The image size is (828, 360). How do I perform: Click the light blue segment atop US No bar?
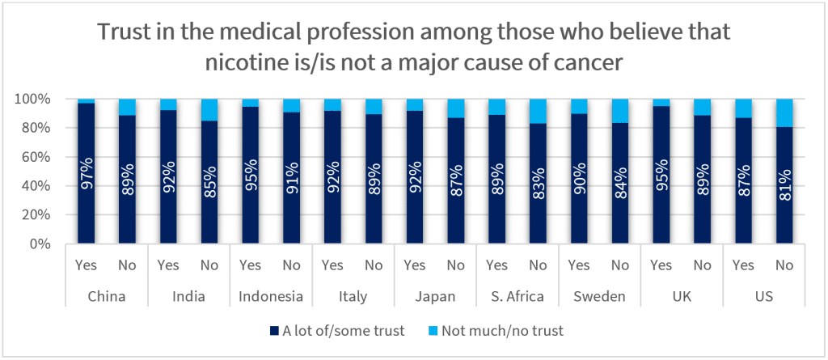pyautogui.click(x=784, y=112)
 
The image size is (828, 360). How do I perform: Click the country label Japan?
pyautogui.click(x=435, y=296)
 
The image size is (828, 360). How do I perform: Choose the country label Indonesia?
pyautogui.click(x=271, y=296)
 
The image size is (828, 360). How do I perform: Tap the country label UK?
pyautogui.click(x=682, y=296)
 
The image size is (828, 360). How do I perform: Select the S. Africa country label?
pyautogui.click(x=517, y=296)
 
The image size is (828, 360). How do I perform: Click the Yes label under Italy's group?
pyautogui.click(x=332, y=265)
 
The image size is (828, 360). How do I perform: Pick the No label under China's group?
pyautogui.click(x=127, y=265)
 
